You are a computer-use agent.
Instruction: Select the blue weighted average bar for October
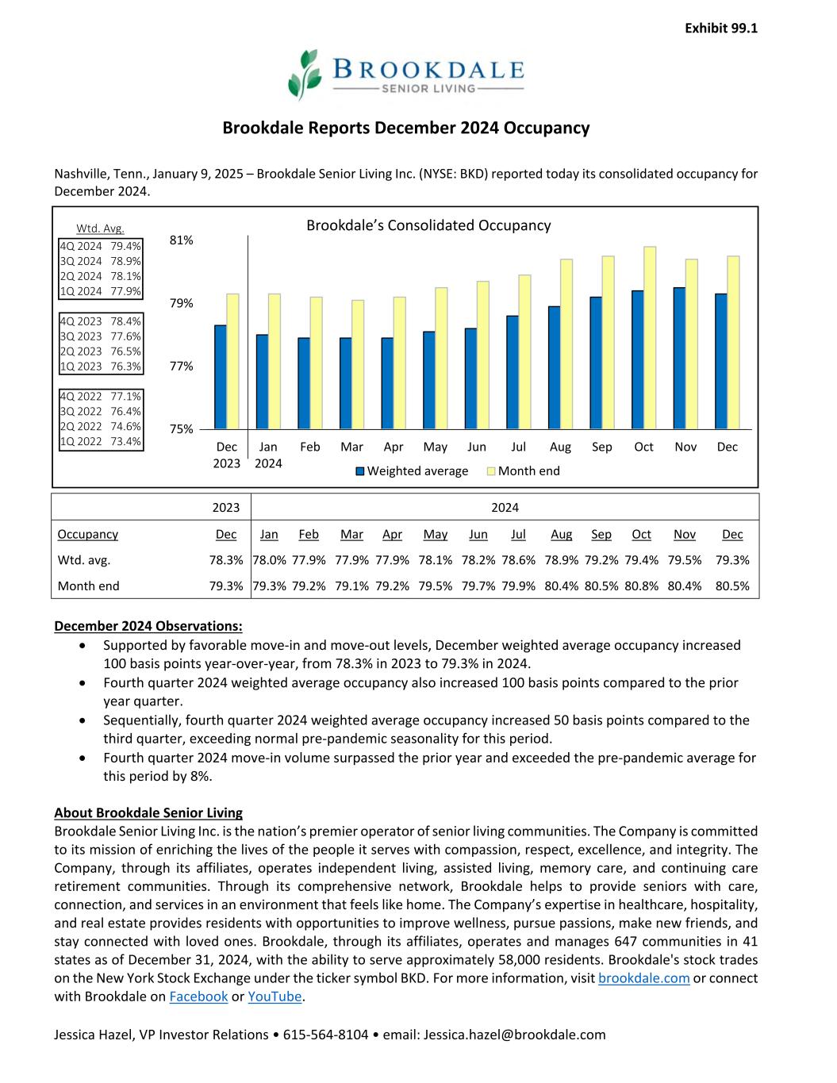[x=638, y=359]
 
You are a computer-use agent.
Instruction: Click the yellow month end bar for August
[x=566, y=344]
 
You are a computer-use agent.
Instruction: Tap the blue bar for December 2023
[x=221, y=377]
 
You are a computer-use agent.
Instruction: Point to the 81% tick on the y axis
[x=182, y=240]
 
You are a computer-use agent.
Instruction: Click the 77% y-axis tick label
[x=182, y=367]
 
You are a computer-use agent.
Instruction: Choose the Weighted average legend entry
[x=412, y=471]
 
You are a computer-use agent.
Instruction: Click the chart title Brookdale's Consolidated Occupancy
[x=428, y=225]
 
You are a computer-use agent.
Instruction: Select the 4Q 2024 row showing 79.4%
[x=101, y=246]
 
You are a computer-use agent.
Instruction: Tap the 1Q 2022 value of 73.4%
[x=101, y=442]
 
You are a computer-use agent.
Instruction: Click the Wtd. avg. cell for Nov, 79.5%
[x=684, y=560]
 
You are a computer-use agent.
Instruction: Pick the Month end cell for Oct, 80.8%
[x=641, y=586]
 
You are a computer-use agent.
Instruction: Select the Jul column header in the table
[x=518, y=535]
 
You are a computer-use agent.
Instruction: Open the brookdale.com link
[x=643, y=978]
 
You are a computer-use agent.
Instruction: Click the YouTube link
[x=275, y=997]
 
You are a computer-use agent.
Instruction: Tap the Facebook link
[x=198, y=997]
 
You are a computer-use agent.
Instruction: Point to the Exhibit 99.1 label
[x=720, y=29]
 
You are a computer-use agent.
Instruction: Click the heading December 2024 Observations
[x=148, y=627]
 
